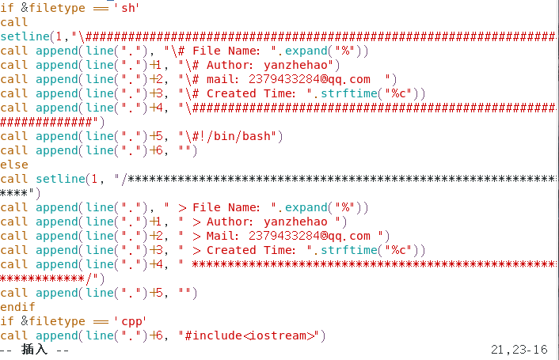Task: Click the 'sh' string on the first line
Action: (x=127, y=8)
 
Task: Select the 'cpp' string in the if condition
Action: (x=130, y=321)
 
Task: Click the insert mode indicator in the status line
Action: (x=35, y=349)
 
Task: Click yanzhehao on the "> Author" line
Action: (x=295, y=222)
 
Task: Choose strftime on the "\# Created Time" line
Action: (x=352, y=93)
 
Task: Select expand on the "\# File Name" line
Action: (x=309, y=51)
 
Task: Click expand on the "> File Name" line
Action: (x=309, y=207)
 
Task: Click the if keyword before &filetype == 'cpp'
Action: (x=6, y=321)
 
